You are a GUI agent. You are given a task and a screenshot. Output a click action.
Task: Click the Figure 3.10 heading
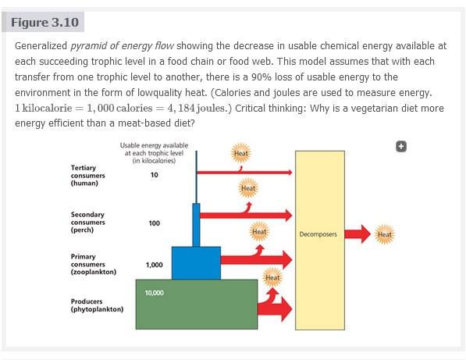[x=44, y=23]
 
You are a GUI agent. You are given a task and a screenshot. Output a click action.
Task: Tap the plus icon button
[x=401, y=147]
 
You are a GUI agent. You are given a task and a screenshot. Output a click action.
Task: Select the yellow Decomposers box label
[x=318, y=234]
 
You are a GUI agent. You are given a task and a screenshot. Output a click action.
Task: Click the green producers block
[x=197, y=305]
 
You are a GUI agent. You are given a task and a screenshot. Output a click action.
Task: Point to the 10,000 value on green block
[x=155, y=293]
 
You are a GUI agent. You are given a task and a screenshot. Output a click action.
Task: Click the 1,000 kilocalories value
[x=155, y=265]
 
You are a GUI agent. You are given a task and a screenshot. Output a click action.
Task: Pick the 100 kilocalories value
[x=155, y=223]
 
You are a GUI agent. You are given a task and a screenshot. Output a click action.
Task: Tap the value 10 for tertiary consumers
[x=155, y=175]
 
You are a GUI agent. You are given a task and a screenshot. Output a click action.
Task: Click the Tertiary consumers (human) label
[x=88, y=176]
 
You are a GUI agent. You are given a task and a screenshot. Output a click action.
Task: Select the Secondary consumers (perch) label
[x=87, y=222]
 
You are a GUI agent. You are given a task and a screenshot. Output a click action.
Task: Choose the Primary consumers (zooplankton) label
[x=94, y=264]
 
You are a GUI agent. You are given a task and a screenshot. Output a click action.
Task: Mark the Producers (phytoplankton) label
[x=97, y=305]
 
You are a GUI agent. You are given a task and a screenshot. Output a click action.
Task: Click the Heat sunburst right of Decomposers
[x=385, y=234]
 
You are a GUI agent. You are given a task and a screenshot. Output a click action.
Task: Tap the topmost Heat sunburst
[x=240, y=153]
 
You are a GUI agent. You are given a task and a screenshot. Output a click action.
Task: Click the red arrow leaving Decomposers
[x=358, y=234]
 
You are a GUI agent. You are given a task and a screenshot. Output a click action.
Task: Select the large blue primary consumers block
[x=196, y=263]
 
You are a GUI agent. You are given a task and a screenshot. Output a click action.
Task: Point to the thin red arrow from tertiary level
[x=244, y=172]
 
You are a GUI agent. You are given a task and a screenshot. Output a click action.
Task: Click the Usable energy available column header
[x=154, y=153]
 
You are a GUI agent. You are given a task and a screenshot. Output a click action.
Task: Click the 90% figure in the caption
[x=261, y=77]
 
